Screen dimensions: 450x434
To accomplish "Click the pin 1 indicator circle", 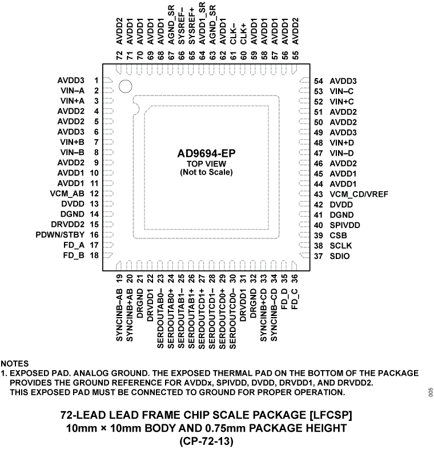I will click(126, 86).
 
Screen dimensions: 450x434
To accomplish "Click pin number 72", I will click(119, 55).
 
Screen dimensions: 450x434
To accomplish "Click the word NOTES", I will click(15, 363).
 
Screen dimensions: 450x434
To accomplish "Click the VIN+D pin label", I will click(342, 142).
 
